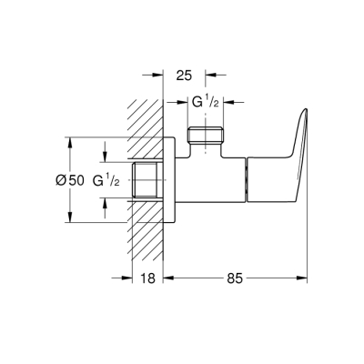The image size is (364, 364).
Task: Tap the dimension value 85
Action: [235, 281]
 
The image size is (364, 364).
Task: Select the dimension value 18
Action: [150, 281]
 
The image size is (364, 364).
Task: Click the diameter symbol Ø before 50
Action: [61, 180]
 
